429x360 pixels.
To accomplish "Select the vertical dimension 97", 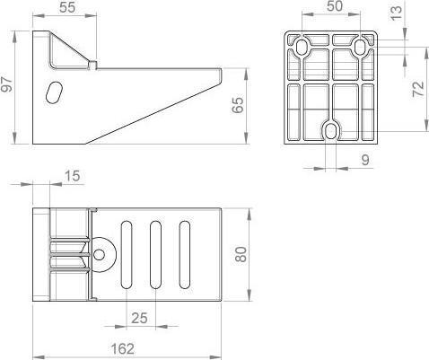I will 8,87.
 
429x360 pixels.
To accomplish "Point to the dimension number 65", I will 237,105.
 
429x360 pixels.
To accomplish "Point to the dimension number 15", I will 73,177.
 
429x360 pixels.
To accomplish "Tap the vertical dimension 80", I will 240,254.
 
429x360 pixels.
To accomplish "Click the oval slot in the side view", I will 55,93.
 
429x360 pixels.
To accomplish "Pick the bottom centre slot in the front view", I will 332,132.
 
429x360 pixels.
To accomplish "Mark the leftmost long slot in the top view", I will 127,255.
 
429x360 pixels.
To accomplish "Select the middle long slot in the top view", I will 155,255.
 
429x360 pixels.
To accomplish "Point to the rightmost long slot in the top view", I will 184,255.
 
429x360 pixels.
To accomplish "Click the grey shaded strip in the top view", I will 39,255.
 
